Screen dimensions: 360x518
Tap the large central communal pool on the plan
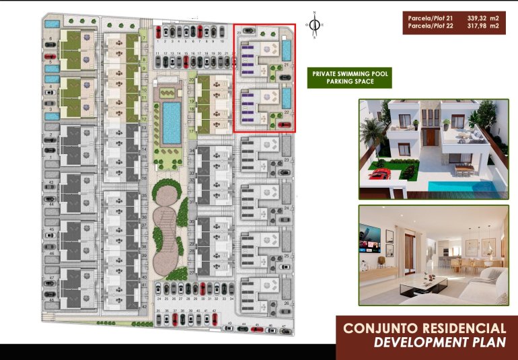(171, 122)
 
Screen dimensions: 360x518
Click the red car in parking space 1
(157, 31)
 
